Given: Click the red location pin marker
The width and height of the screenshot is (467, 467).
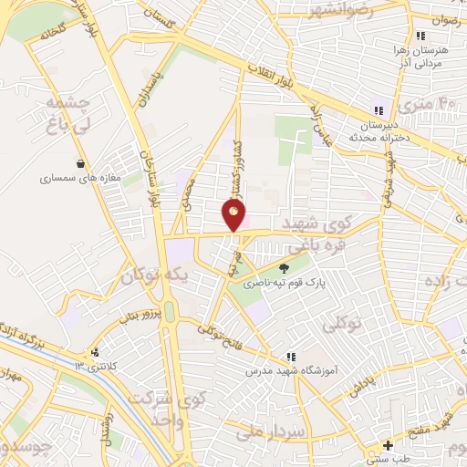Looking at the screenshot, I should pyautogui.click(x=234, y=214).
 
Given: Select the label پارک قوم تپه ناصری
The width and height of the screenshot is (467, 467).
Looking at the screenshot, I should pyautogui.click(x=283, y=284).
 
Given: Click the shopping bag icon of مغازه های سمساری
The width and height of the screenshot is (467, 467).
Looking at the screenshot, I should pyautogui.click(x=82, y=164).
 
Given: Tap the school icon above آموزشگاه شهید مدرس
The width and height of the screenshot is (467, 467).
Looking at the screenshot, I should pyautogui.click(x=290, y=357).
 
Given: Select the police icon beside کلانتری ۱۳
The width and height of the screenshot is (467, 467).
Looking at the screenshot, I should pyautogui.click(x=94, y=352).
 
